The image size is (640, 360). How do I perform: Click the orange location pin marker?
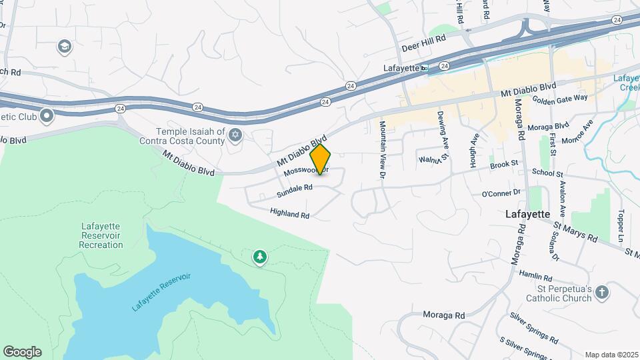click(x=320, y=159)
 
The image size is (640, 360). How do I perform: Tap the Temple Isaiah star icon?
click(x=234, y=136)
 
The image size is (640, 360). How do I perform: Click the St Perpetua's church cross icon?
click(x=601, y=292)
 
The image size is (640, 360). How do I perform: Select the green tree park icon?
click(x=259, y=257)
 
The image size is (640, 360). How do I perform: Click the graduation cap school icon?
click(x=64, y=46)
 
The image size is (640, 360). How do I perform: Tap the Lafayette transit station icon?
click(x=424, y=68)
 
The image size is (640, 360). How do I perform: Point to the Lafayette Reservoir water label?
click(x=161, y=292)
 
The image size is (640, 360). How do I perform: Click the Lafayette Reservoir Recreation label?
click(x=101, y=236)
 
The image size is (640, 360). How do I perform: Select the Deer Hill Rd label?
click(x=424, y=49)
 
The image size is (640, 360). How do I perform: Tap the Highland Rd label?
click(x=290, y=213)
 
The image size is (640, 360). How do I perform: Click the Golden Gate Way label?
click(x=559, y=98)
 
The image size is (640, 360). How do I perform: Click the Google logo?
click(x=22, y=352)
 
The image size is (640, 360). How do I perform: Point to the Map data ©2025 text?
click(x=611, y=355)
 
